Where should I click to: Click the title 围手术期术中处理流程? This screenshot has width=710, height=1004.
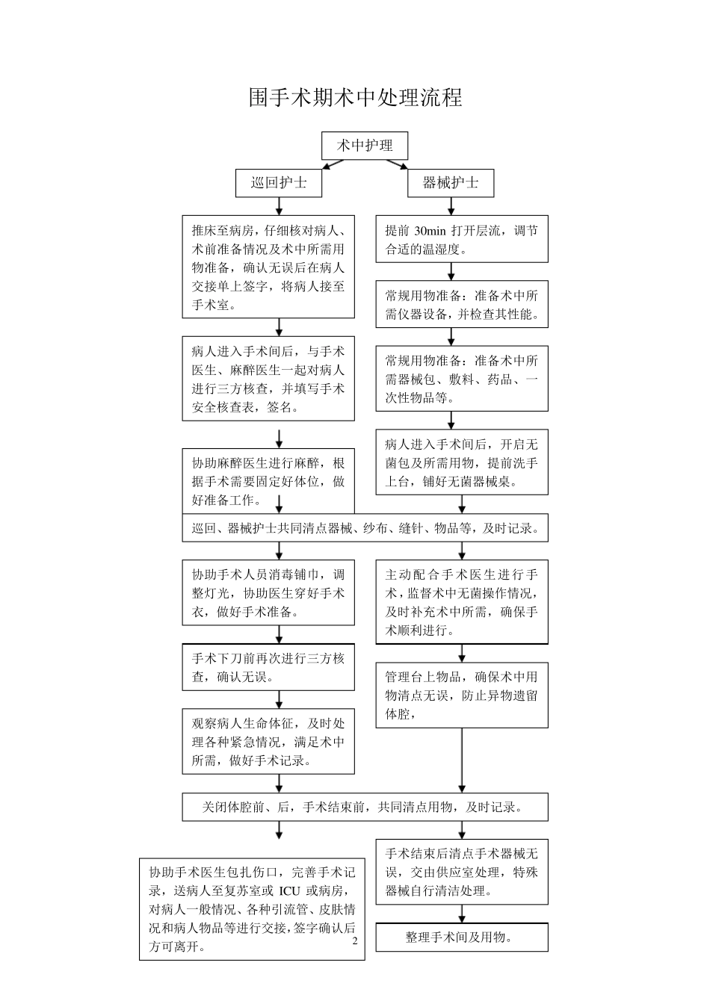click(356, 98)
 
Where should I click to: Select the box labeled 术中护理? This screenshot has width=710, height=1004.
click(365, 146)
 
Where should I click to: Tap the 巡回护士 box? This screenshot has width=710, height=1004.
click(279, 183)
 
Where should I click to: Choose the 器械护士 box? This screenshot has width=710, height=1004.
click(451, 183)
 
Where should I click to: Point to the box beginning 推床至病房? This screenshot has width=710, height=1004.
click(268, 267)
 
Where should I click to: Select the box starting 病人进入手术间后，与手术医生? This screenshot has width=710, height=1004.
click(268, 379)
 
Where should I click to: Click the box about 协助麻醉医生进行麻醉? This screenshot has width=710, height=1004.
click(268, 481)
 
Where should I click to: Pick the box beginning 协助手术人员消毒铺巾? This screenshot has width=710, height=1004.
click(268, 593)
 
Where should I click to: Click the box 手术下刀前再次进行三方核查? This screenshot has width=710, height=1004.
click(268, 668)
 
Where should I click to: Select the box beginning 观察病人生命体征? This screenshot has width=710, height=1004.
click(268, 742)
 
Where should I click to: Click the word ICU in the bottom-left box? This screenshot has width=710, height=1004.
click(290, 891)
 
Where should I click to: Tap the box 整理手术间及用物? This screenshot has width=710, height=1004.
click(461, 938)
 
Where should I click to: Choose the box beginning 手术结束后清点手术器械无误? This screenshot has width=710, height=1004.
click(461, 872)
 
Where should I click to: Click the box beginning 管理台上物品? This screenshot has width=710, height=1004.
click(461, 695)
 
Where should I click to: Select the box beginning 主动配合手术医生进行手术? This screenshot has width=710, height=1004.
click(461, 602)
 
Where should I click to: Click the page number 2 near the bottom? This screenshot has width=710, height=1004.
click(355, 941)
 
